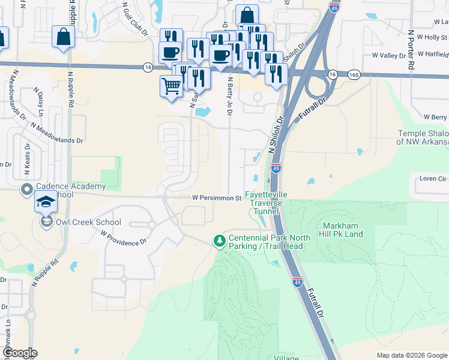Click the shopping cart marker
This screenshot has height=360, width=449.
click(x=171, y=86)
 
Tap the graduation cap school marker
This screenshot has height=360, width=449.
click(x=46, y=202)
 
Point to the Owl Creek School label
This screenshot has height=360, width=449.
click(x=88, y=222)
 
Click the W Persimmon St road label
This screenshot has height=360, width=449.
click(x=216, y=197)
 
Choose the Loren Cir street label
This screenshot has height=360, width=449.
click(x=433, y=178)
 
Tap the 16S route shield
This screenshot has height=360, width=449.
click(x=354, y=74)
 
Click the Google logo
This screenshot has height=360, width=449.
click(x=19, y=353)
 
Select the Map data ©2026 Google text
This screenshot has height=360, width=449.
click(x=412, y=355)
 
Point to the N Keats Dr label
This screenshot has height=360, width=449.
click(x=27, y=160)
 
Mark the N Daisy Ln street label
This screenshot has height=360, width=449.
click(x=41, y=103)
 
